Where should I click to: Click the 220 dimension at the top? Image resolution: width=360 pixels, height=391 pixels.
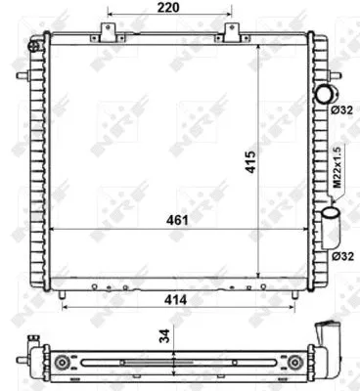point(169,9)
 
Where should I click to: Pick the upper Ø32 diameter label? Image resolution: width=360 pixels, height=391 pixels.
point(341,109)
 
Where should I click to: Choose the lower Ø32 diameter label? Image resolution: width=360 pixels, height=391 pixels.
point(341,255)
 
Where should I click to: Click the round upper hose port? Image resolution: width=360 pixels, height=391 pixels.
point(324,94)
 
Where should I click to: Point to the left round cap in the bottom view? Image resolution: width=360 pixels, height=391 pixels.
point(64,363)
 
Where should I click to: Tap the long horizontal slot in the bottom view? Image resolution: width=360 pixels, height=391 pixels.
point(176,363)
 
